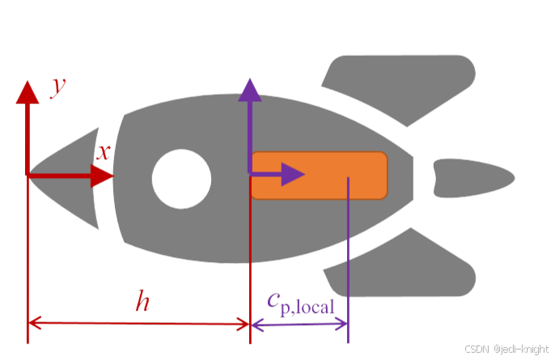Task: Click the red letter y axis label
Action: coord(57,86)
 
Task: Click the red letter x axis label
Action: coord(104,151)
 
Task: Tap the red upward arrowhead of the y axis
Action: coord(28,91)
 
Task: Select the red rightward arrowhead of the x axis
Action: coord(103,174)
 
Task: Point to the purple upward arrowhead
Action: coord(250,89)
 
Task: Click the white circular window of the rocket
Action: coord(181,178)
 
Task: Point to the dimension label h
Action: coord(142,303)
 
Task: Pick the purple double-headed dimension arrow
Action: coord(299,324)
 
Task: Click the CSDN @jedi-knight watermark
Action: coord(508,349)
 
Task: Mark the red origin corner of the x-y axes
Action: coord(28,174)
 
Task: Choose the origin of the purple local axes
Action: coord(250,174)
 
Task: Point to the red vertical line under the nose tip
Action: coord(28,259)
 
